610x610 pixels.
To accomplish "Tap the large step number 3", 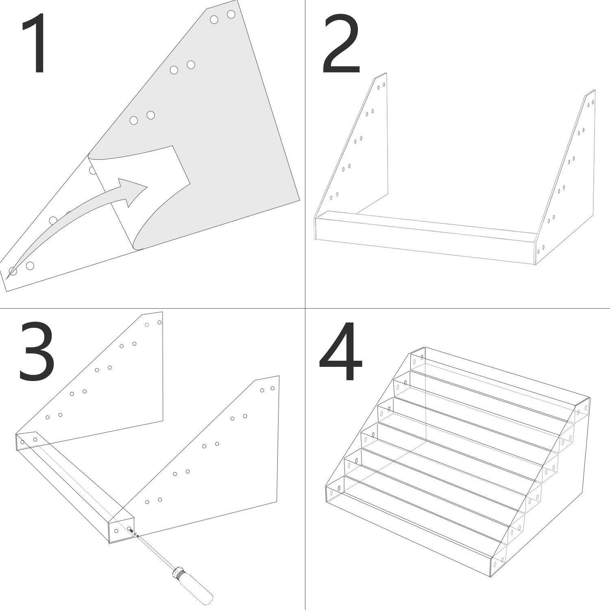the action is pos(37,352).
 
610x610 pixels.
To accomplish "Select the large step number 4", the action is pos(341,352).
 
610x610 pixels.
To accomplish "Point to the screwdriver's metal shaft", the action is pos(155,549).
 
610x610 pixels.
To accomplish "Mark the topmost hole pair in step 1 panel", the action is pos(222,17).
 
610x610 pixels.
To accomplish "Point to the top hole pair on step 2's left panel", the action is pos(381,86).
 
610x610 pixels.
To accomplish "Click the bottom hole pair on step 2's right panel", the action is pos(541,249).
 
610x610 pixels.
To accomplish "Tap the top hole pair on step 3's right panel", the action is pos(267,389).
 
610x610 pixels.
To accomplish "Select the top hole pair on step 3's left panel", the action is pos(153,323).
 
